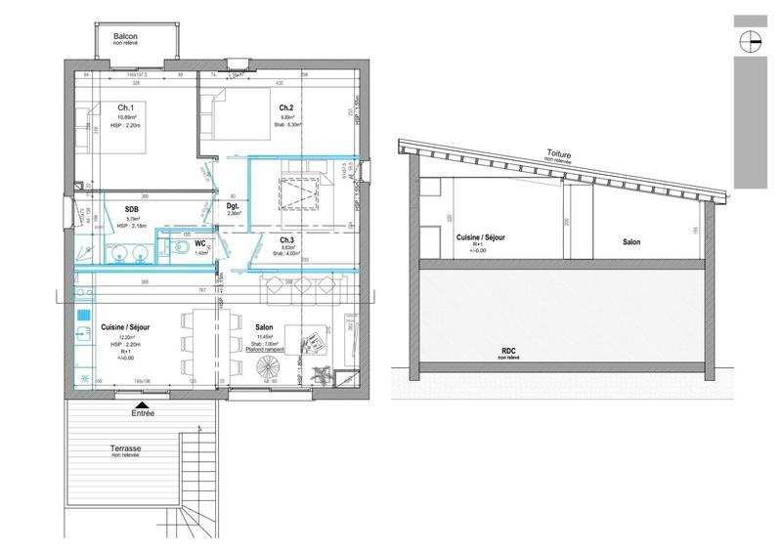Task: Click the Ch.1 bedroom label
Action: pos(125,107)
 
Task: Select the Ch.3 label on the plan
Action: pos(287,240)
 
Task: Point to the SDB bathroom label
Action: pos(131,209)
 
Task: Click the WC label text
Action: pos(199,242)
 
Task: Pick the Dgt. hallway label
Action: pos(234,207)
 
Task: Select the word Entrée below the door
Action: pos(142,413)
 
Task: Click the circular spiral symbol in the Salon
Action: pos(267,370)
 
